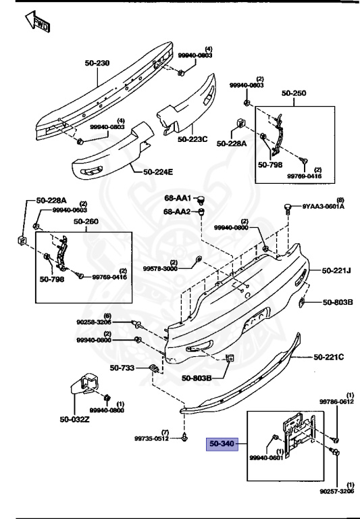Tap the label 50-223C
coord(193,139)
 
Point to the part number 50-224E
coord(158,172)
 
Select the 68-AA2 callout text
coord(178,212)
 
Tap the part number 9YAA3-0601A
coord(323,207)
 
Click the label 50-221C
coord(329,355)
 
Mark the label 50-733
coord(123,368)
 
